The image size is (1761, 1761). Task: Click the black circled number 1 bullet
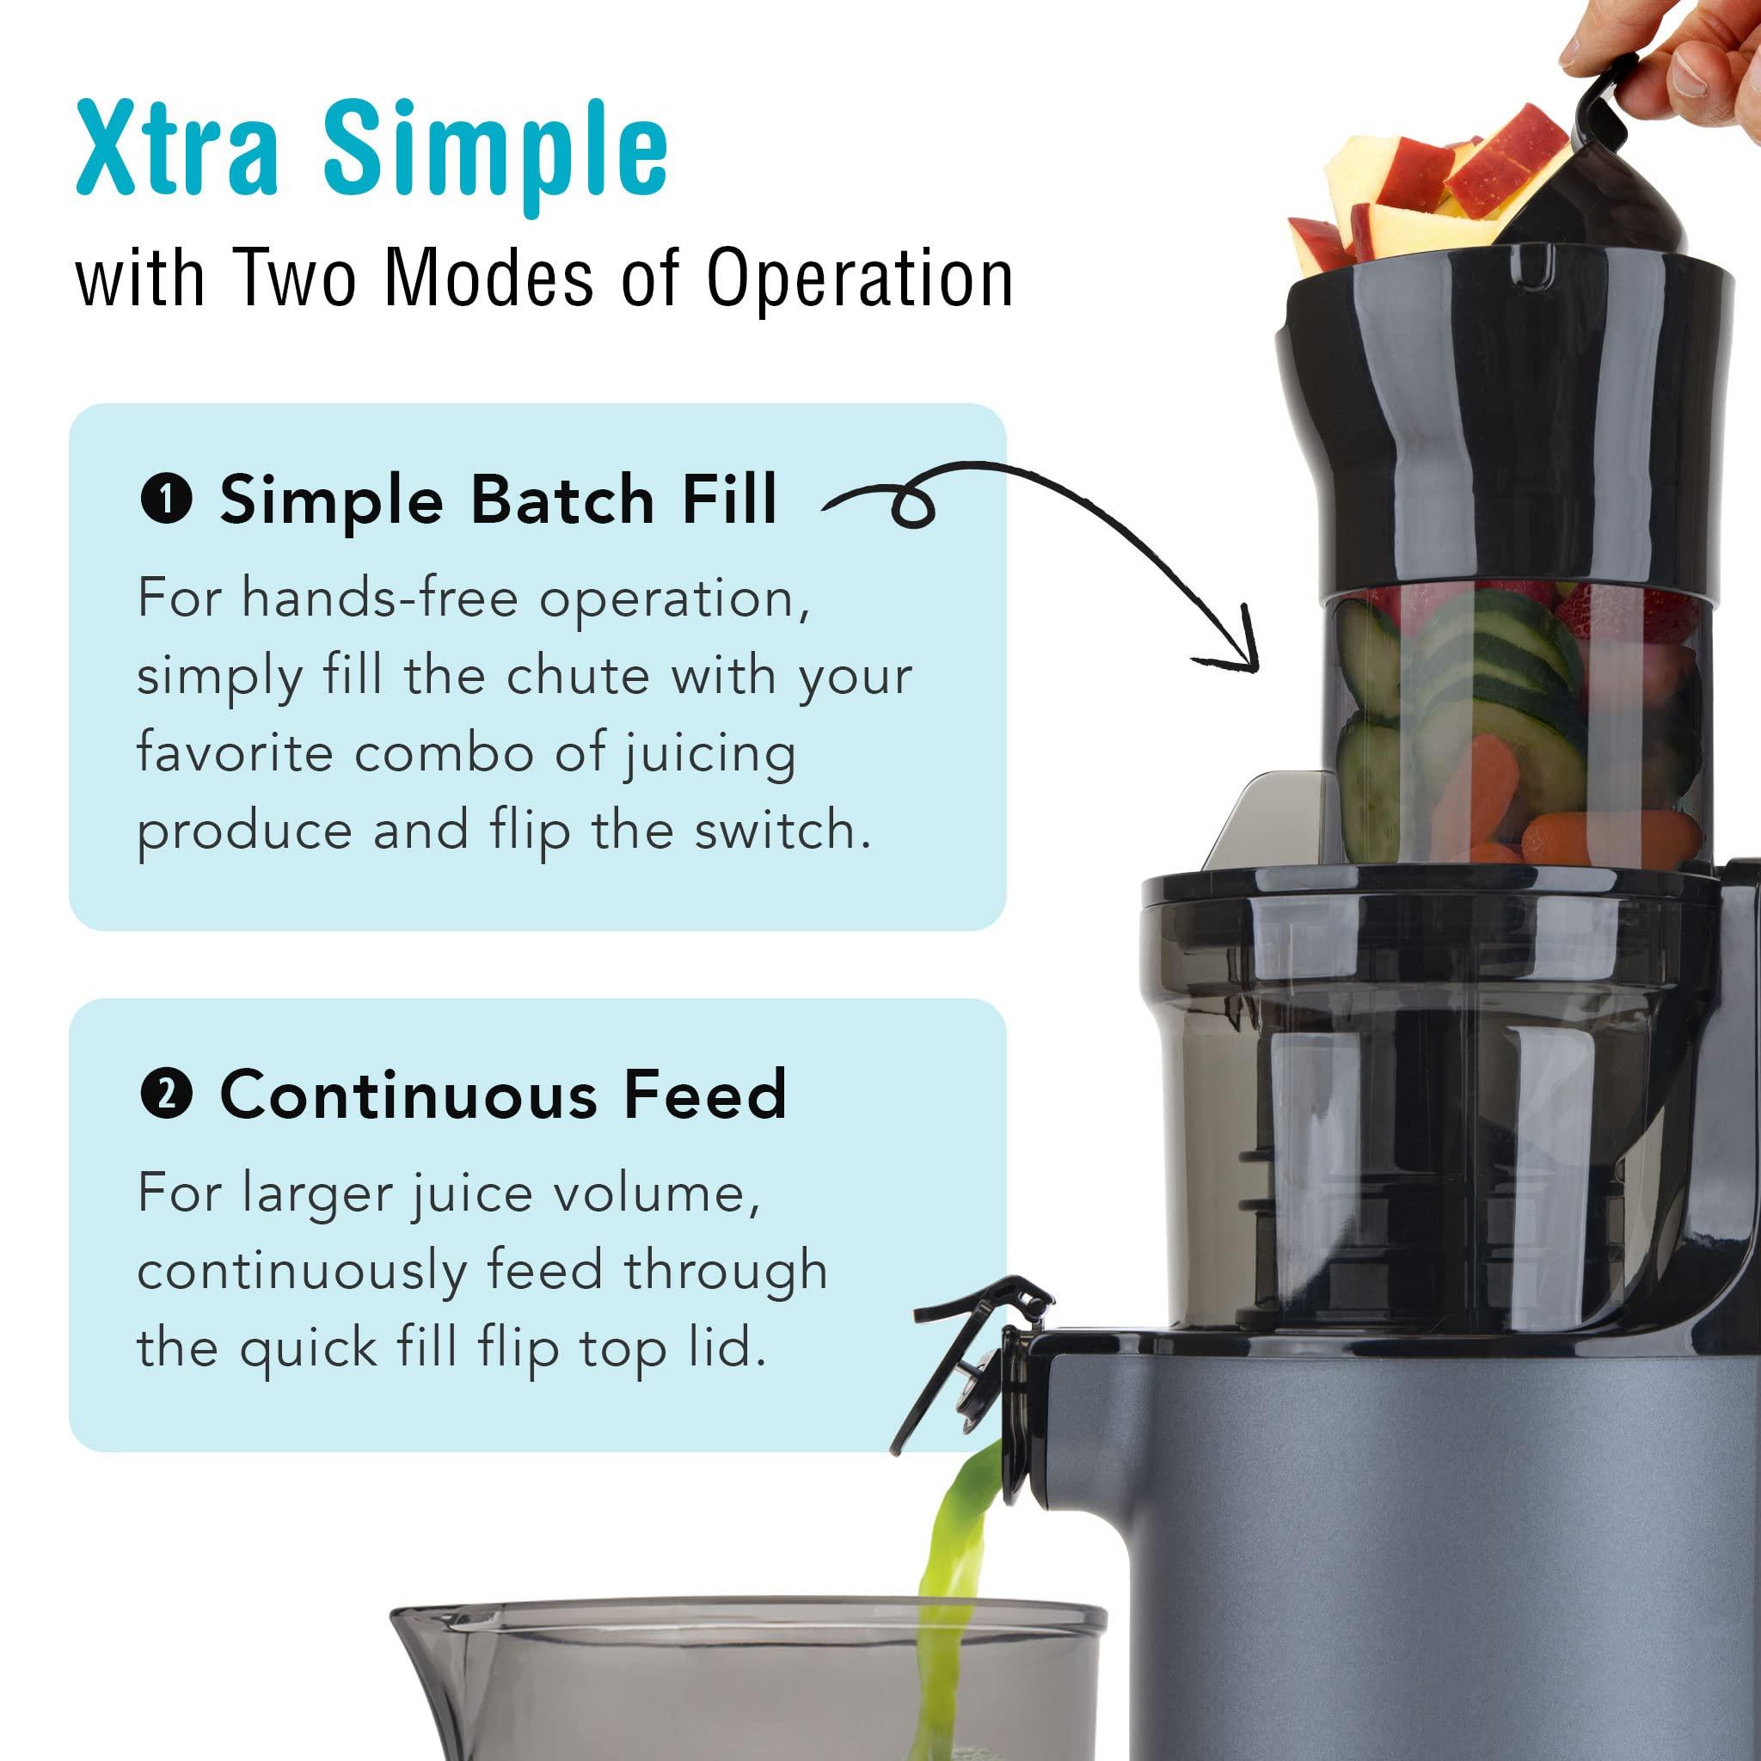pyautogui.click(x=166, y=500)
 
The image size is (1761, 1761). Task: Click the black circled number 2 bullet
pyautogui.click(x=166, y=1095)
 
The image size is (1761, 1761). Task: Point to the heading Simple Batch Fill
pyautogui.click(x=498, y=500)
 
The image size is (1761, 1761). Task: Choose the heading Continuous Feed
pyautogui.click(x=503, y=1095)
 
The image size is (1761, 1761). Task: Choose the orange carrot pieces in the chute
pyautogui.click(x=1468, y=802)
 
